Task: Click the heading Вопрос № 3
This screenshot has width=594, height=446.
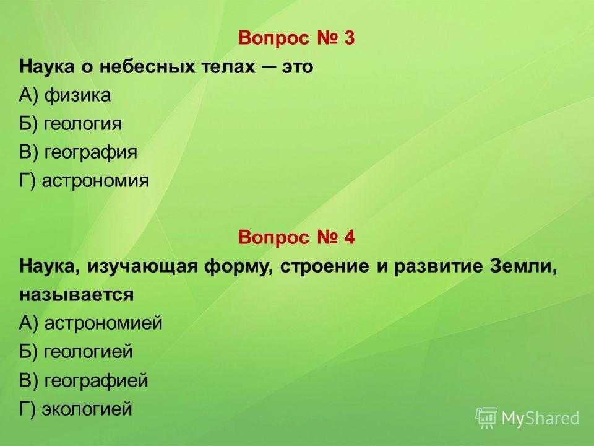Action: (296, 38)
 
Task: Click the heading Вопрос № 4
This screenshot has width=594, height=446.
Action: (296, 238)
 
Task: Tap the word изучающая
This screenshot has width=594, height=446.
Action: (143, 267)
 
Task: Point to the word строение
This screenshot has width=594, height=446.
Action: (325, 267)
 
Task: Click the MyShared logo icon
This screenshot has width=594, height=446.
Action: (486, 418)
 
